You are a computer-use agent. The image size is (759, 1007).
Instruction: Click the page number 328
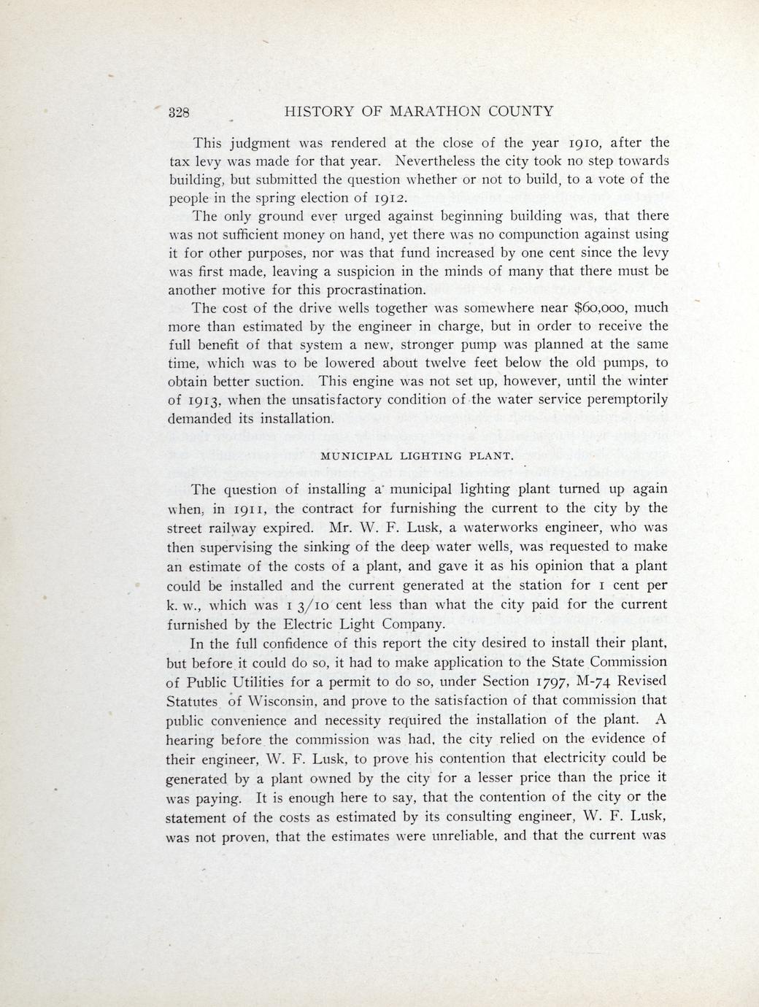(x=180, y=112)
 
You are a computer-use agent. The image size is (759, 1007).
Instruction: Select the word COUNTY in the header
(x=523, y=112)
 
